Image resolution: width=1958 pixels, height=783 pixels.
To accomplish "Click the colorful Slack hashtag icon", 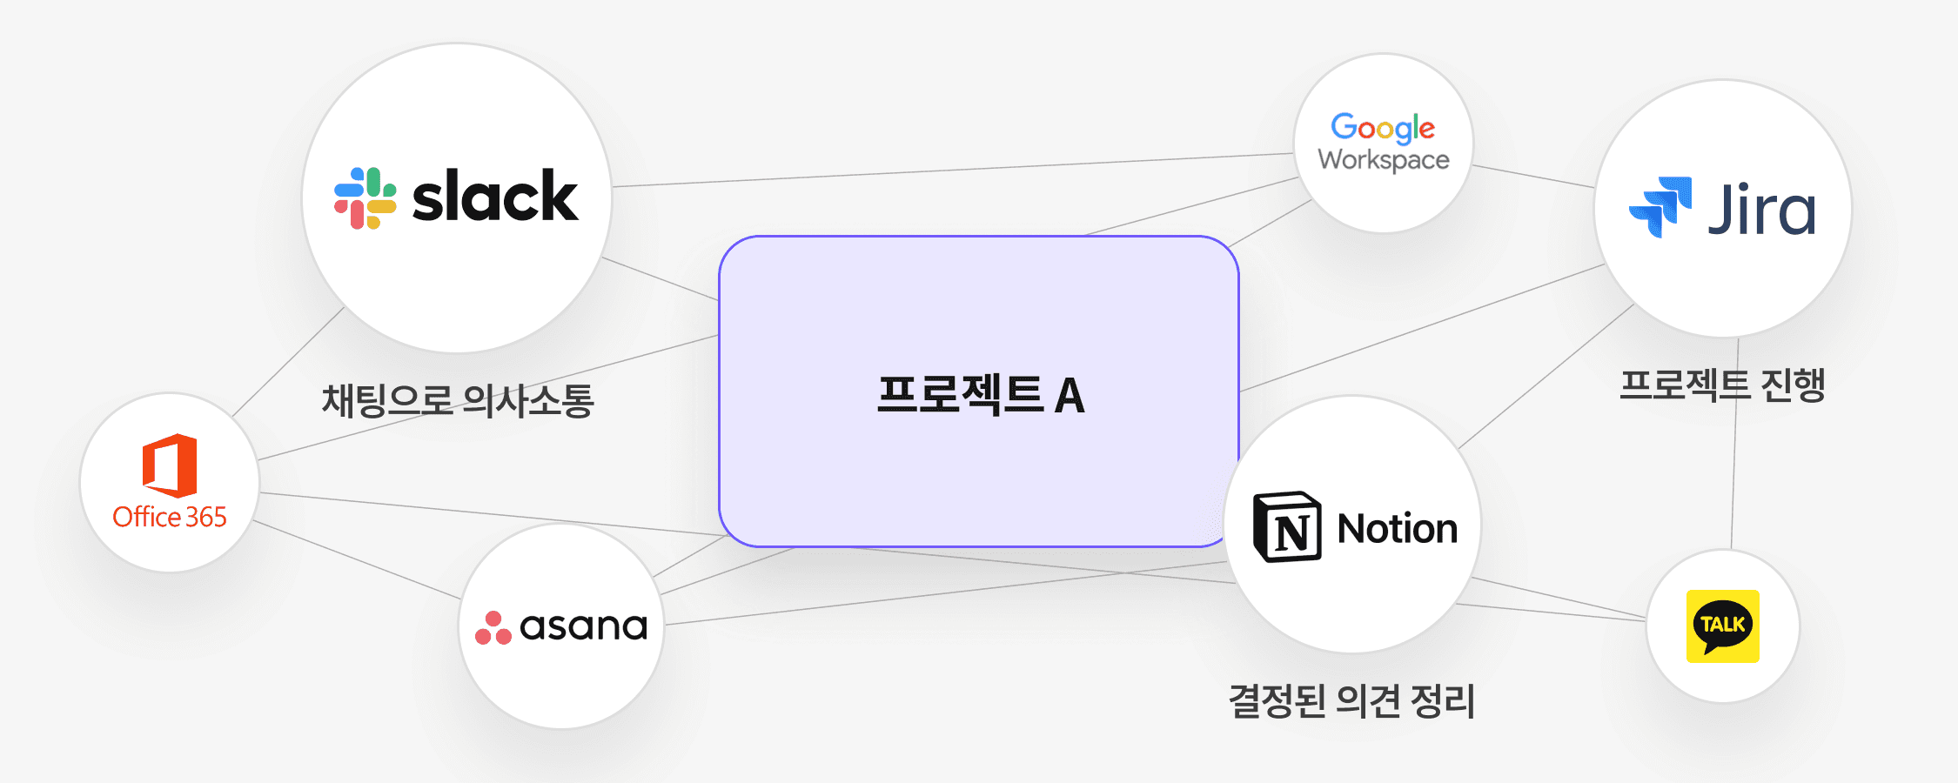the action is click(x=365, y=198).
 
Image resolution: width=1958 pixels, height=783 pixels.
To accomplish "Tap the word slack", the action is click(x=494, y=197).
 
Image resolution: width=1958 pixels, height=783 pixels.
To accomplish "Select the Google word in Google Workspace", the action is click(x=1383, y=128).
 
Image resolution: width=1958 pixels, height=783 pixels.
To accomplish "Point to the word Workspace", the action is click(x=1384, y=160).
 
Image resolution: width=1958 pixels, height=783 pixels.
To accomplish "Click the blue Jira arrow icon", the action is click(x=1660, y=206).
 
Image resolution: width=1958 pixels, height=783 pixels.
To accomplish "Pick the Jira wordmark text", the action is click(x=1761, y=210).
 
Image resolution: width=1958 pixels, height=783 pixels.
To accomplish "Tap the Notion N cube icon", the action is click(x=1287, y=527).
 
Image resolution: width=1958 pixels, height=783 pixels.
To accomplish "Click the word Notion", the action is click(x=1397, y=529).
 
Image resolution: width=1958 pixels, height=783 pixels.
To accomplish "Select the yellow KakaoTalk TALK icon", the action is click(x=1722, y=626).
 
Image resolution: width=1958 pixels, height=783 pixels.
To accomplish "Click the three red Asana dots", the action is click(x=493, y=628).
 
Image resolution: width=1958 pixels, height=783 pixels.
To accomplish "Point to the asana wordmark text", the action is click(x=583, y=626).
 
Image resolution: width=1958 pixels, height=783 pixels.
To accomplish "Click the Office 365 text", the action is click(x=170, y=517).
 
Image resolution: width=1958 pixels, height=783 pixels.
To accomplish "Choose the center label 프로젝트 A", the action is click(x=981, y=395).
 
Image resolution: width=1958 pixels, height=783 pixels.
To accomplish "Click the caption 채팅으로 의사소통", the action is click(x=458, y=401).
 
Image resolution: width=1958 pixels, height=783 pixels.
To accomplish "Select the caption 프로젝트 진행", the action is click(x=1722, y=385).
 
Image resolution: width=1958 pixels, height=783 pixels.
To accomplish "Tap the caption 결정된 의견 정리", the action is click(x=1351, y=701).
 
